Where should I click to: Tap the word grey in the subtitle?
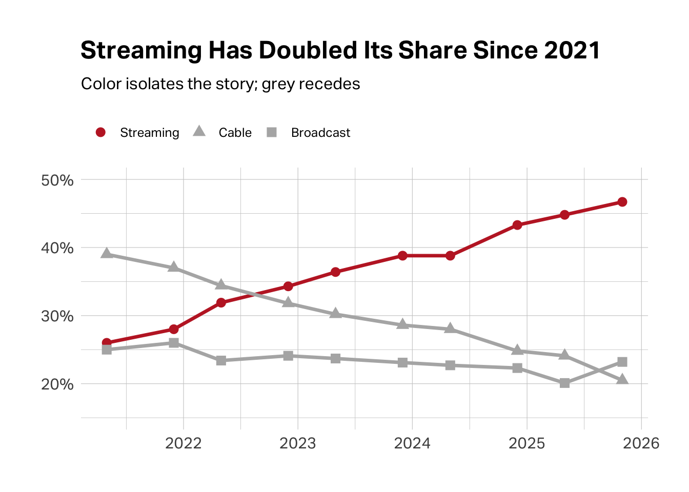pos(277,84)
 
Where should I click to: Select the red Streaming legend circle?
pos(100,132)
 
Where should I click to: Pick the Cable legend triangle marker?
pos(199,132)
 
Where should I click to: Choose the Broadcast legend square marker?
pos(272,132)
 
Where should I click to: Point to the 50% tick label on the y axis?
pos(57,180)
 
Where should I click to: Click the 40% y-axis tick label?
pos(57,248)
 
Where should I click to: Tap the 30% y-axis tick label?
pos(57,316)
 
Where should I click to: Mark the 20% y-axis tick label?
pos(57,384)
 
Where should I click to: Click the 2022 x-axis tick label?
pos(184,443)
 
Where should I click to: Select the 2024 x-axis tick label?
pos(412,443)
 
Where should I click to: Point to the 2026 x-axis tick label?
pos(641,443)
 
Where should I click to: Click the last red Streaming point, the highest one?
pos(622,202)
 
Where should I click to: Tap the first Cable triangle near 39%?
pos(107,253)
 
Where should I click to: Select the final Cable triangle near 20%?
pos(622,379)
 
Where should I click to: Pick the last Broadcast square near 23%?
pos(622,362)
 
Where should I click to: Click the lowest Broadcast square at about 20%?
pos(564,383)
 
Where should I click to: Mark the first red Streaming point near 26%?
pos(107,342)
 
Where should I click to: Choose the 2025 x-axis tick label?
pos(526,443)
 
